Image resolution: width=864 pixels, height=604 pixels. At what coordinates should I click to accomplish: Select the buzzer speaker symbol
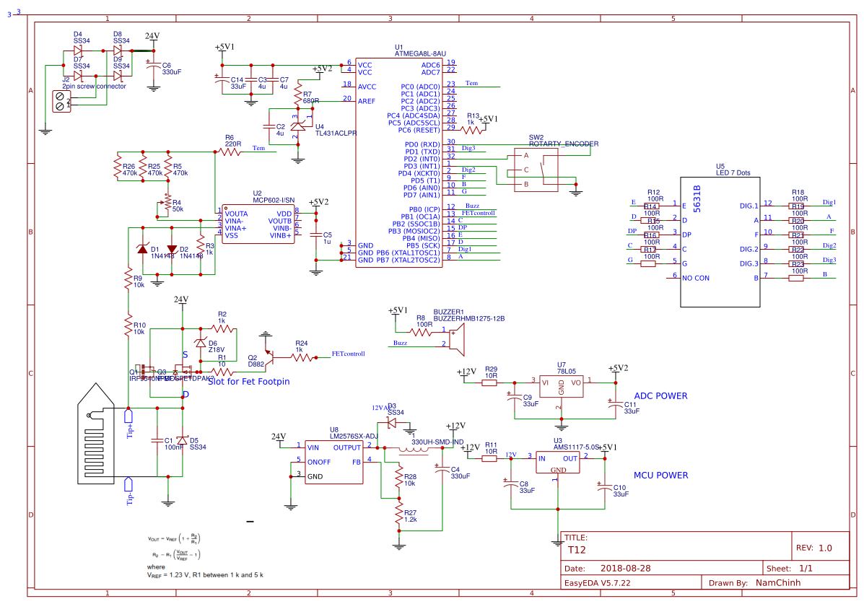455,338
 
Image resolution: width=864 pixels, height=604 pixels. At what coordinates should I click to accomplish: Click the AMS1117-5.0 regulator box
558,463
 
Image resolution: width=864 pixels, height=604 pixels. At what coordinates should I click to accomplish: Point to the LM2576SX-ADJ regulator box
334,462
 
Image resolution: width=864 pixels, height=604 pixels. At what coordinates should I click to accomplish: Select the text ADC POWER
660,396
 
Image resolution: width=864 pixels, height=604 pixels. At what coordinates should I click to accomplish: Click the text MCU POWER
660,476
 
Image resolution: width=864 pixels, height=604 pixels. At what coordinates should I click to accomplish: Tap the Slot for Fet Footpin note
248,381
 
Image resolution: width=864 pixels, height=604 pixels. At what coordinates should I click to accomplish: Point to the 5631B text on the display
697,199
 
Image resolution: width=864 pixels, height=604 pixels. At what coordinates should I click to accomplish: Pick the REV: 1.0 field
813,548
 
